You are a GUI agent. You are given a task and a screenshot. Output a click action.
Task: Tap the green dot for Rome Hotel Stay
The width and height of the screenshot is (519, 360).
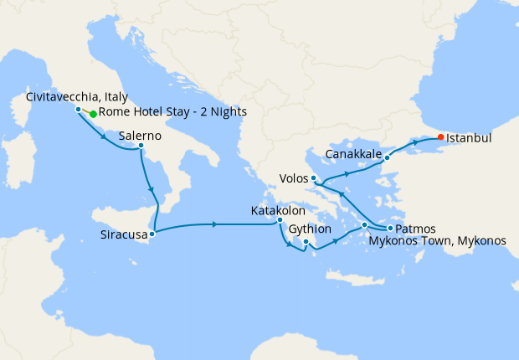coord(93,114)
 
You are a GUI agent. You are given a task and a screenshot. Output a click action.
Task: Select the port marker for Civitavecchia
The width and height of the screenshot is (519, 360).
coord(78,110)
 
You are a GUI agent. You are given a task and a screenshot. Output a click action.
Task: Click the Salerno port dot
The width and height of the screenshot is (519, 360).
coord(141,147)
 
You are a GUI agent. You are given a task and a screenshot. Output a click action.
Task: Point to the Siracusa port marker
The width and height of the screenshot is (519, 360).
coord(152,234)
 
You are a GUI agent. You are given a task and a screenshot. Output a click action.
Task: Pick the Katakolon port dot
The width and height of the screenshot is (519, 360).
coord(280,221)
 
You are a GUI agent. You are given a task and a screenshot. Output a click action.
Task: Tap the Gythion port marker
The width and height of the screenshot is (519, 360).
coord(306,243)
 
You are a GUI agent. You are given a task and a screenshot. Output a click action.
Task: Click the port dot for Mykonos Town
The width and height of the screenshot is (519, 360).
coord(364,225)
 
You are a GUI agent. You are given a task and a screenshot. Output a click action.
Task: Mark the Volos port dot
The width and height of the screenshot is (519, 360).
coord(313,178)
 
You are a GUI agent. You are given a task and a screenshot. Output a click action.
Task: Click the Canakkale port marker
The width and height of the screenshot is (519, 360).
coord(387,157)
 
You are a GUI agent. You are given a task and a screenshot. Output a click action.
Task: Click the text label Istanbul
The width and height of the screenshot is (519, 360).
coord(469,137)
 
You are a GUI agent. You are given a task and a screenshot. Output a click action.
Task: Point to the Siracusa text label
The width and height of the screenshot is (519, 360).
coord(122,235)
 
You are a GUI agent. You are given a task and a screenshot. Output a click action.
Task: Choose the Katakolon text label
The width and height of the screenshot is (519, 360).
coord(278,211)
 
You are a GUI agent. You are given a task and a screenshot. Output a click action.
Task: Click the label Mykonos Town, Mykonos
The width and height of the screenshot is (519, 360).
coord(437,241)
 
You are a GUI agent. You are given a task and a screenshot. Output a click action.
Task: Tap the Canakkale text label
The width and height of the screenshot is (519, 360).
coord(353,156)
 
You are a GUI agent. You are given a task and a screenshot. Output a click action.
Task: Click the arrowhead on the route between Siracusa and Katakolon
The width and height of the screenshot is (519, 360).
coord(217,224)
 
